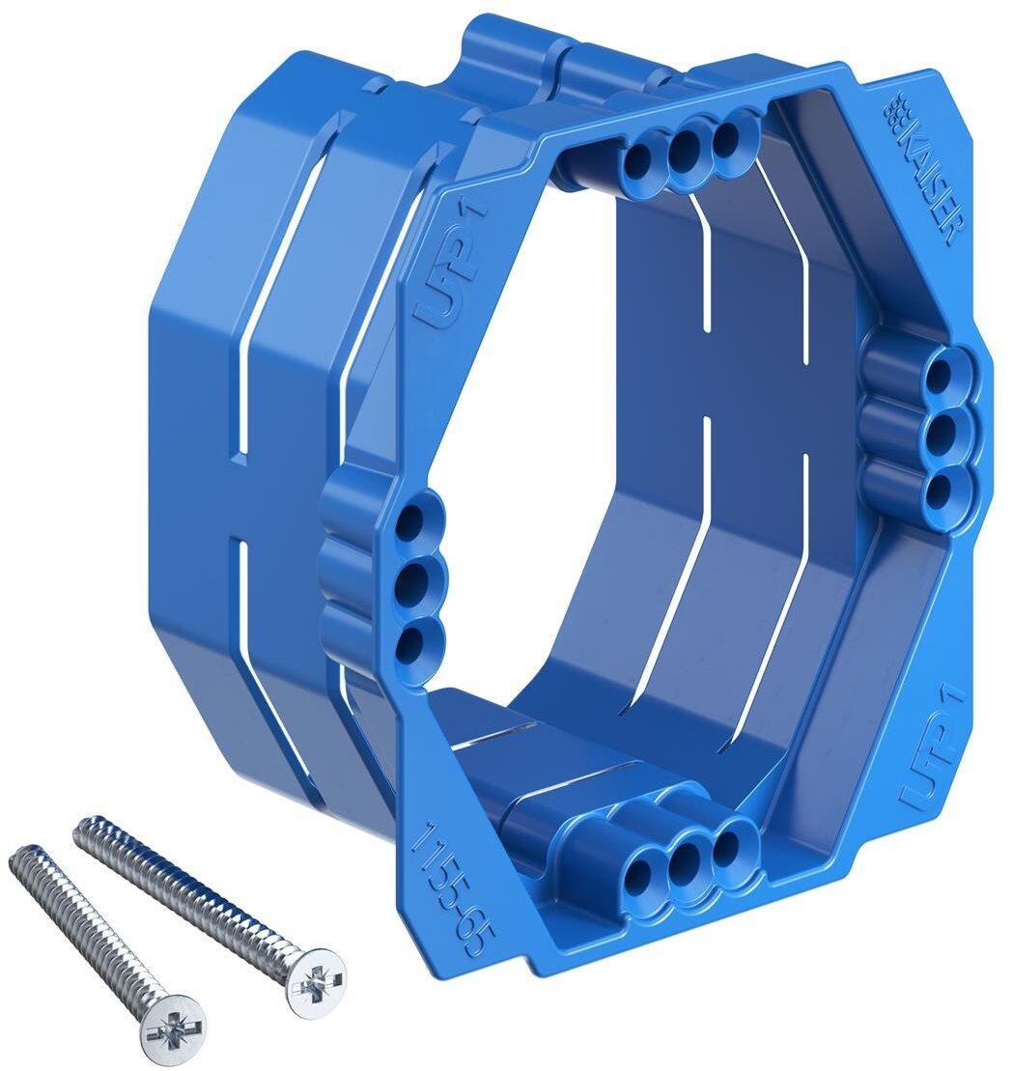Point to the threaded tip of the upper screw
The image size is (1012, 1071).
point(83,826)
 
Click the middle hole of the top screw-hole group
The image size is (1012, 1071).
point(684,145)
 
